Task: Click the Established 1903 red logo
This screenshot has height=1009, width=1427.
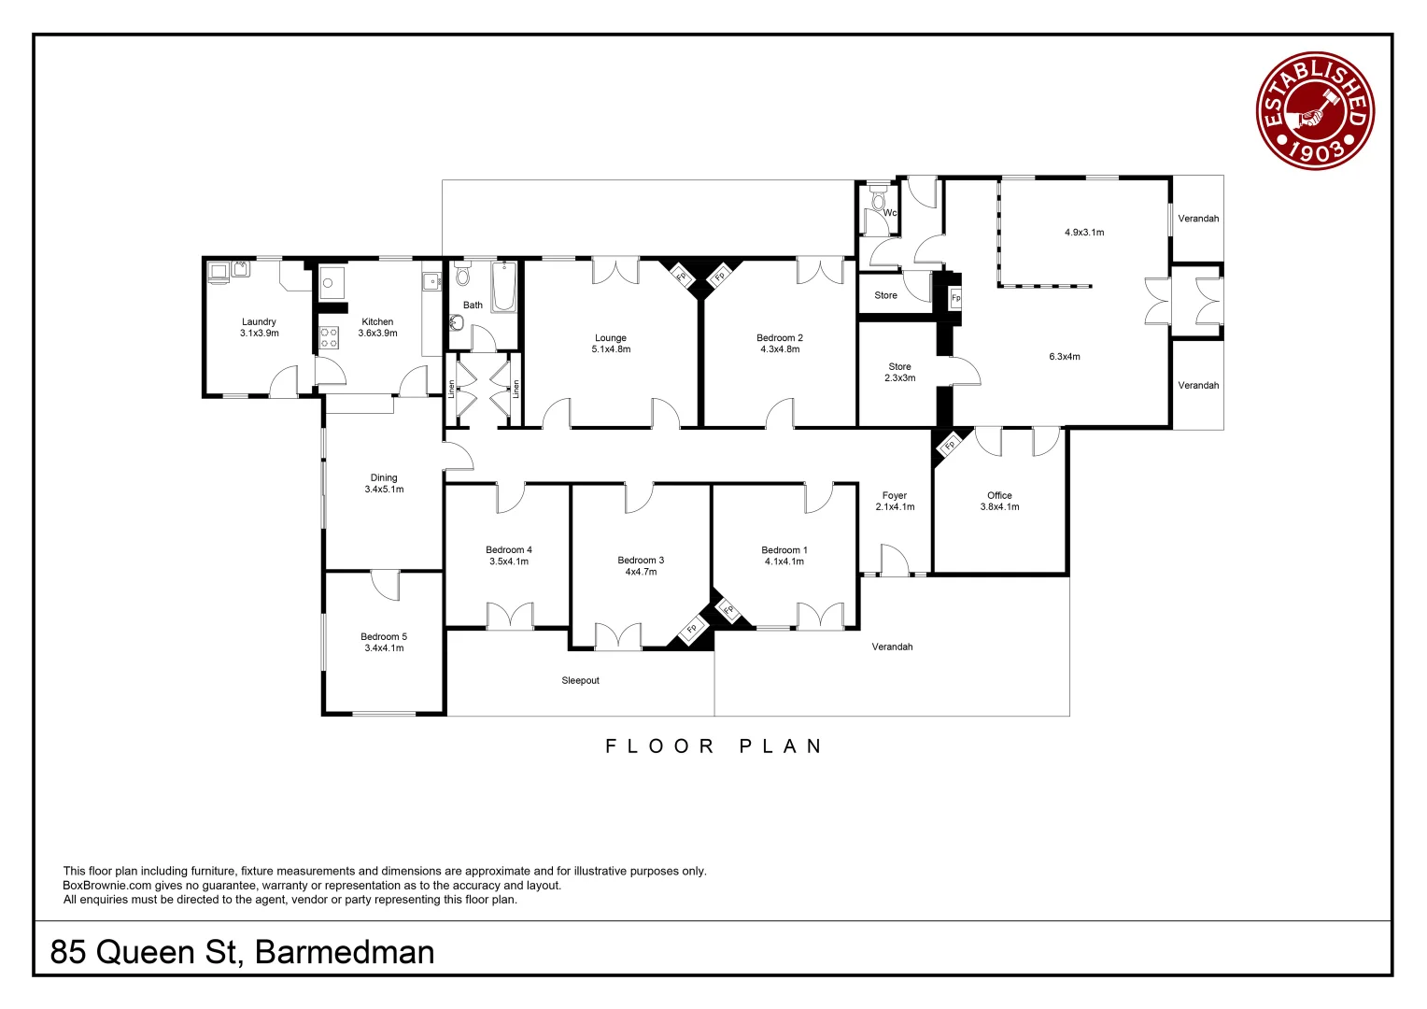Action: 1315,110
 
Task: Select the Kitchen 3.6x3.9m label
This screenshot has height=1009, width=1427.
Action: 377,327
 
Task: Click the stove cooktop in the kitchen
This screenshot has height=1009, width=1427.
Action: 329,337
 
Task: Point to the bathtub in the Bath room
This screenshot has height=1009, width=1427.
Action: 503,287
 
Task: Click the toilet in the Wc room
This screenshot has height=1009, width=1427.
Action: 878,201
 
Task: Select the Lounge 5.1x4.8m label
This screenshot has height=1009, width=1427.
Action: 611,344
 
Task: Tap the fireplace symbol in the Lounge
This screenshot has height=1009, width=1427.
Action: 682,276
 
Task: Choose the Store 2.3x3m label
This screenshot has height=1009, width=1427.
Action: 899,373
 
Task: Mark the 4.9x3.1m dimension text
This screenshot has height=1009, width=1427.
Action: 1084,233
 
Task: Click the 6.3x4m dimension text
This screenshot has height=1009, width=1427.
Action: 1065,357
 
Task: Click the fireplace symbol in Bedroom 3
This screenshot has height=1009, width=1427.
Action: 692,629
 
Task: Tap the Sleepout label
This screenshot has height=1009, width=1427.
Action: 580,681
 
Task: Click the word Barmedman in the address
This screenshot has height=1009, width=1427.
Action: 345,952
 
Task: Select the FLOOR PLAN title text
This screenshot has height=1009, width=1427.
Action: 713,746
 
